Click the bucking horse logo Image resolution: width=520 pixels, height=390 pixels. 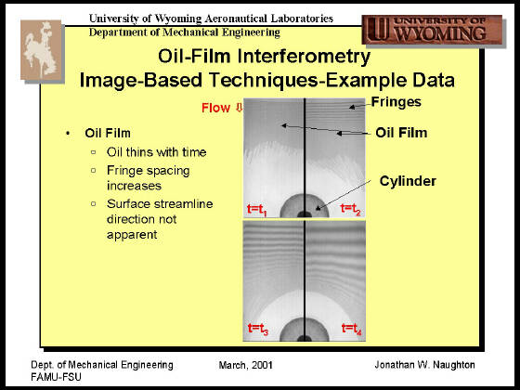[x=41, y=50]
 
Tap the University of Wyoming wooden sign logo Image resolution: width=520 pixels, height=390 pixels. [x=432, y=30]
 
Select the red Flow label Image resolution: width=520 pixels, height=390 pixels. [x=215, y=108]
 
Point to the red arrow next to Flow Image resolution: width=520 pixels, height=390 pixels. [x=240, y=108]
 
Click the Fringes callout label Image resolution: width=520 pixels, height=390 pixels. [x=396, y=102]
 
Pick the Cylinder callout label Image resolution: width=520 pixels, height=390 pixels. [x=408, y=181]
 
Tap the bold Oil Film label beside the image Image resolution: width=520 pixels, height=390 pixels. [x=401, y=133]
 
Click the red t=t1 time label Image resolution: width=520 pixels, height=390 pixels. [x=256, y=210]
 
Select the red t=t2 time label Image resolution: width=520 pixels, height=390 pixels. [x=350, y=209]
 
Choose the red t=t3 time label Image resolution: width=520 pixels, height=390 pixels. [x=258, y=329]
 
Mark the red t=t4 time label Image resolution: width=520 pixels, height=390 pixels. [x=352, y=329]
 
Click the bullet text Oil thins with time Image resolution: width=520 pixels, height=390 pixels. [x=157, y=152]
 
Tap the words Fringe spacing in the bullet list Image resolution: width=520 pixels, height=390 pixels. [x=149, y=171]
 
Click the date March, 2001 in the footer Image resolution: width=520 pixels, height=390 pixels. [x=245, y=365]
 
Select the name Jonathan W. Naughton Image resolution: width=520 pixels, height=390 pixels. [x=424, y=365]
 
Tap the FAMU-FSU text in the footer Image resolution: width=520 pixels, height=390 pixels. [x=56, y=377]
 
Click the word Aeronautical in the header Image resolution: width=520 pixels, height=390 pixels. [x=235, y=19]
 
